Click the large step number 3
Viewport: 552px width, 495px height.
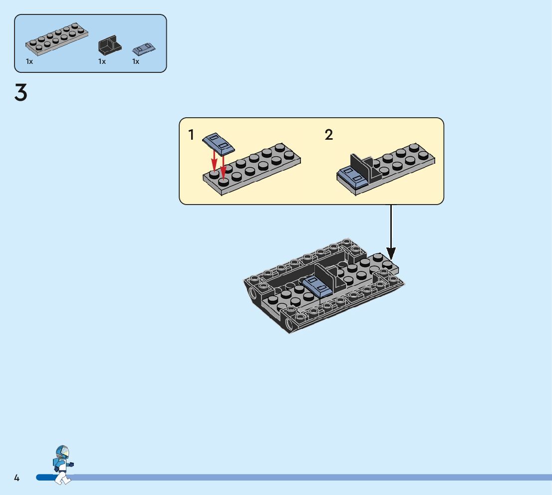click(x=21, y=93)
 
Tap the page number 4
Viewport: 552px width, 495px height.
click(x=16, y=478)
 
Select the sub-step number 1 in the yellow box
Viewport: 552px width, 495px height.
click(x=191, y=135)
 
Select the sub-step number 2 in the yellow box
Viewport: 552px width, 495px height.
click(x=328, y=135)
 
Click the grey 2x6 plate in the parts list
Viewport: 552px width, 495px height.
click(x=57, y=39)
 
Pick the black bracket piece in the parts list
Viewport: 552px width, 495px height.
click(x=109, y=45)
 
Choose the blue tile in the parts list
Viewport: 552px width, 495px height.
click(x=144, y=49)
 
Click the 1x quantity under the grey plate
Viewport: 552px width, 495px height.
click(x=29, y=61)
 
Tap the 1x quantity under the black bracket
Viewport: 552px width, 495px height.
click(x=102, y=61)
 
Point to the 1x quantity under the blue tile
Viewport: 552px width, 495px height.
click(x=136, y=61)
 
